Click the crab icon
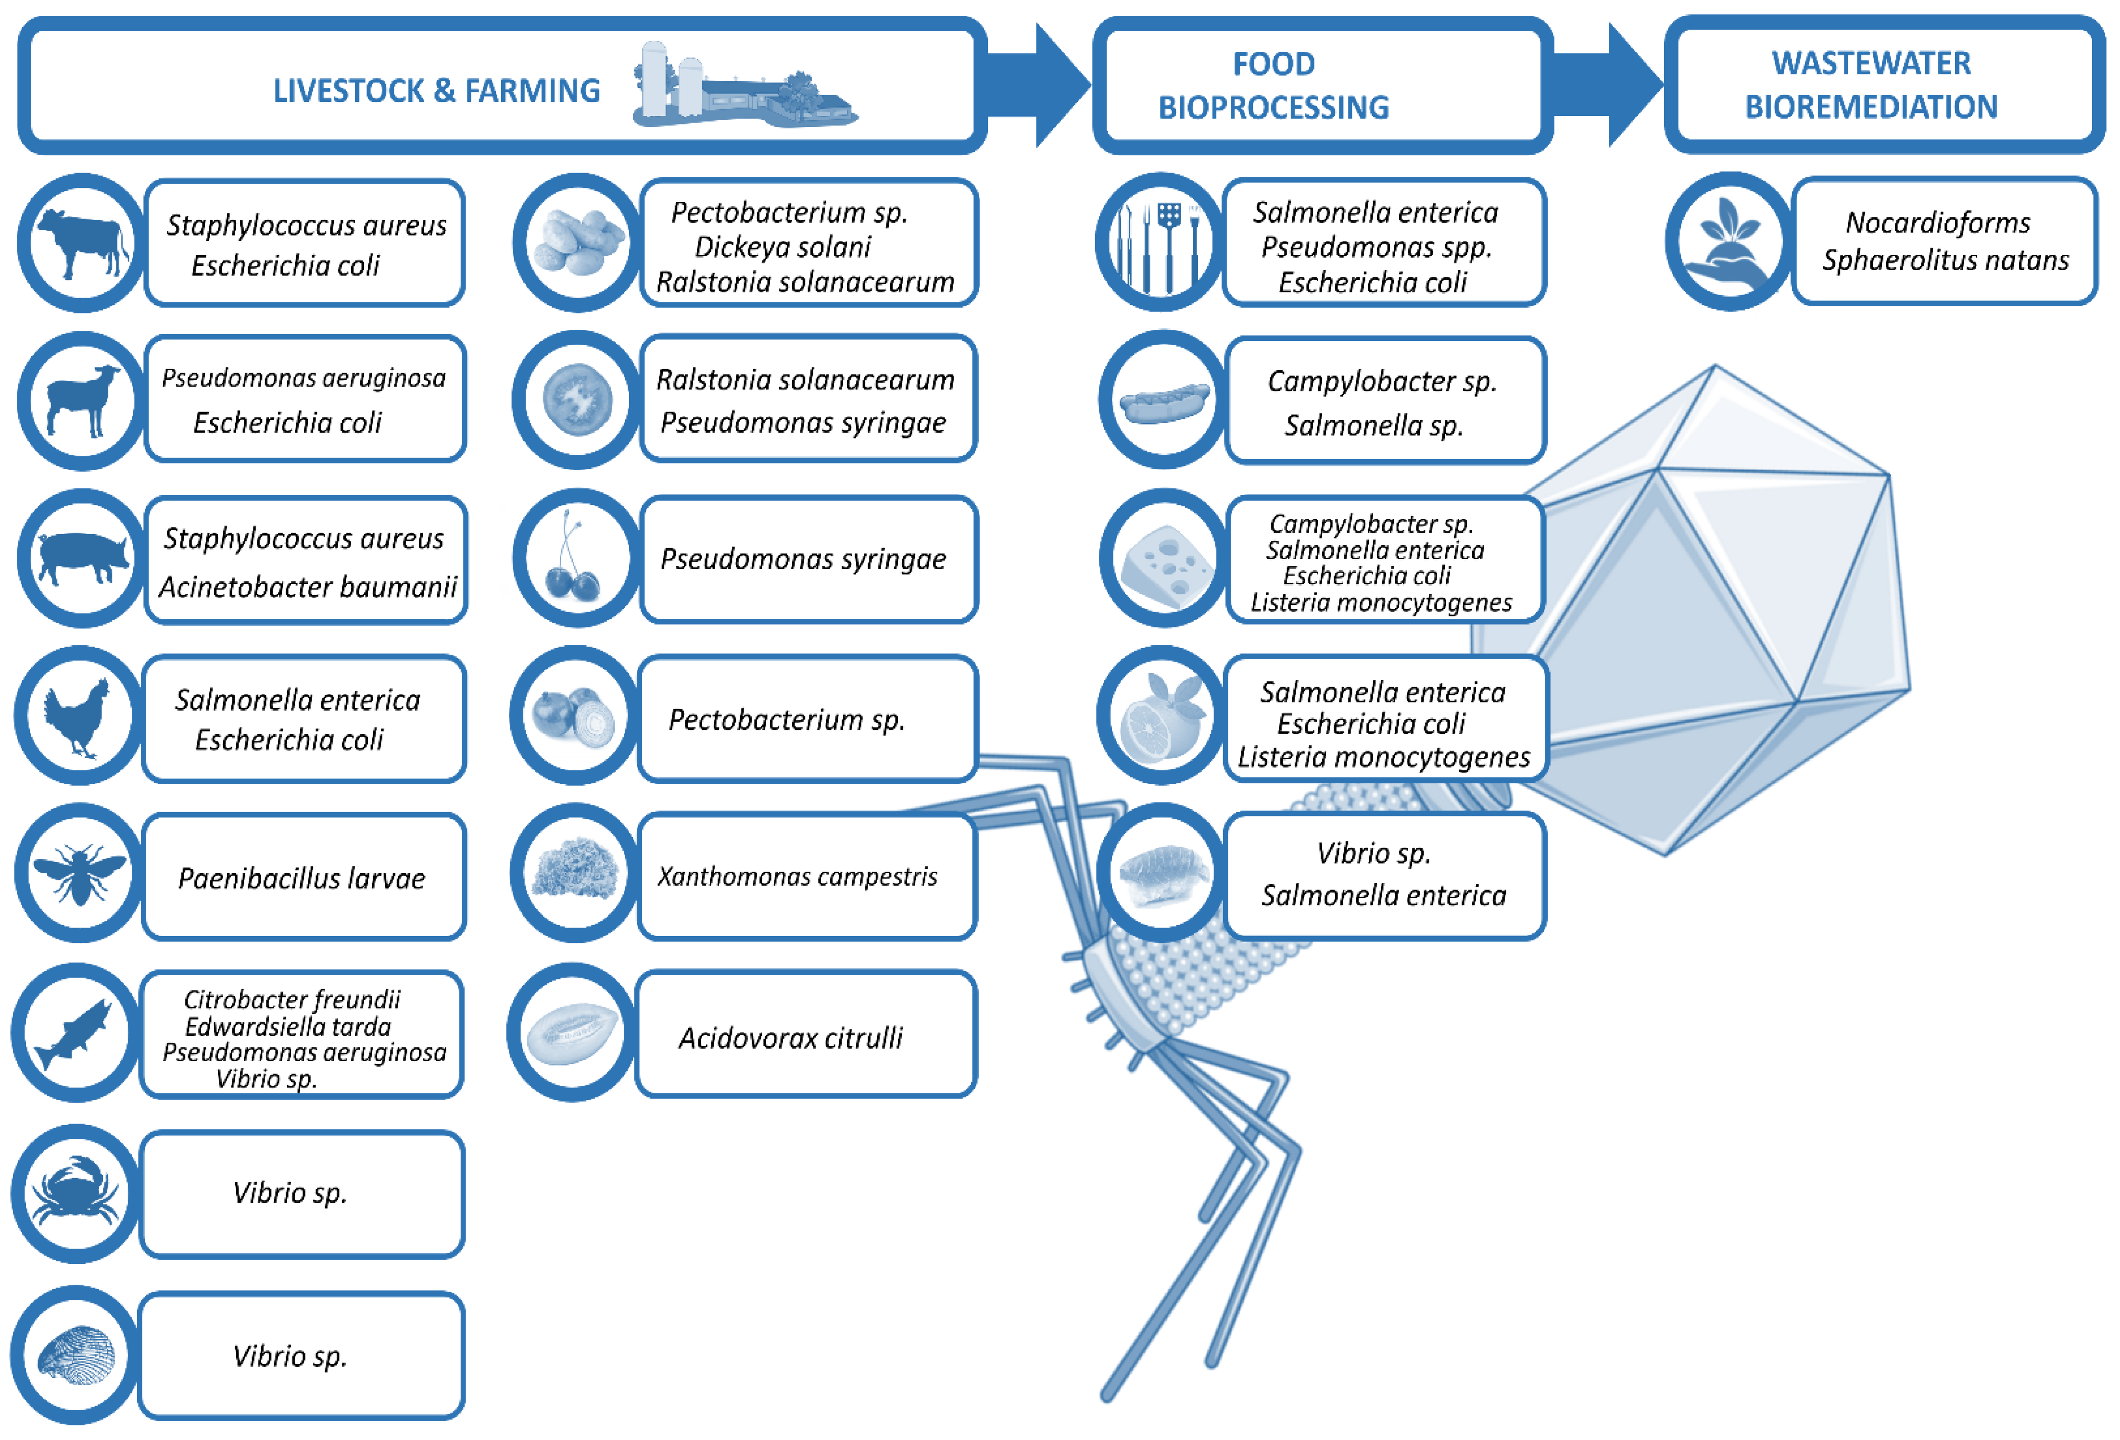(x=76, y=1193)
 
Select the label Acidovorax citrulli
(x=790, y=1038)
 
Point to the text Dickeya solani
(x=782, y=247)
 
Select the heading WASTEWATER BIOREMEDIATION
(x=1871, y=85)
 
